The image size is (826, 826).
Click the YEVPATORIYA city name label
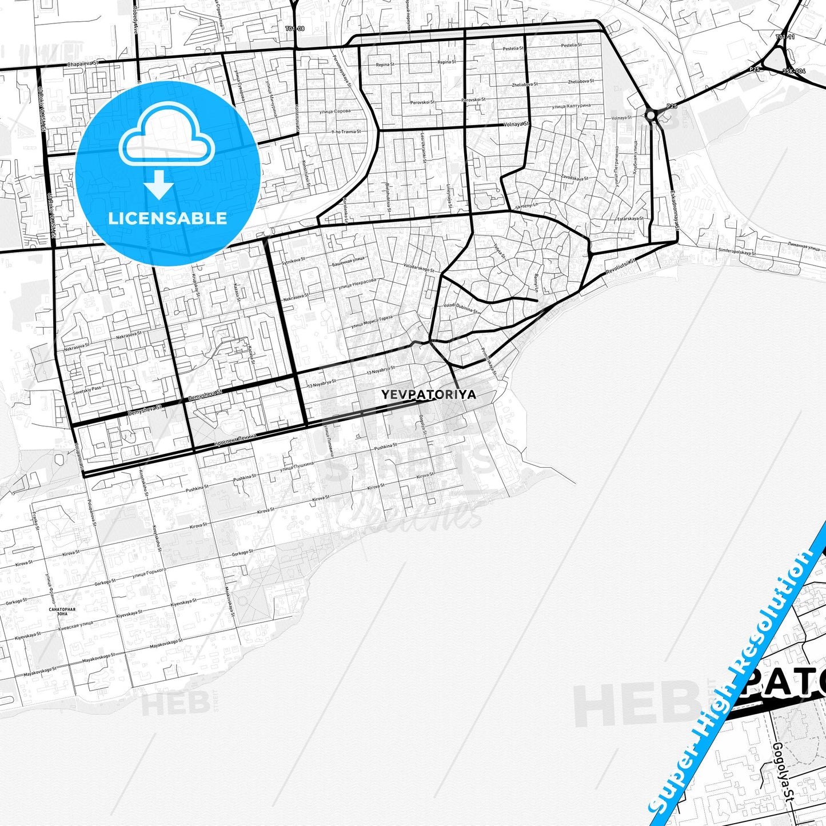(428, 394)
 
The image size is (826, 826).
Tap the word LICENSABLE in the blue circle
(167, 218)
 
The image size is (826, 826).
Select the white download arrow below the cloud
(159, 187)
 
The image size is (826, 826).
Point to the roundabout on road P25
(651, 115)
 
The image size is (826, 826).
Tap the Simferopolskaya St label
(736, 252)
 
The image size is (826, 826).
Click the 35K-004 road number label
(794, 71)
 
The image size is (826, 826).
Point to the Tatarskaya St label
(631, 218)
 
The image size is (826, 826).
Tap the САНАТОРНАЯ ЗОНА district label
(63, 611)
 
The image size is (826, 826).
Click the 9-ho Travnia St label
(346, 131)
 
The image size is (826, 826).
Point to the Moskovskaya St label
(230, 600)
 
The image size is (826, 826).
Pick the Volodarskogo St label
(419, 267)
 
